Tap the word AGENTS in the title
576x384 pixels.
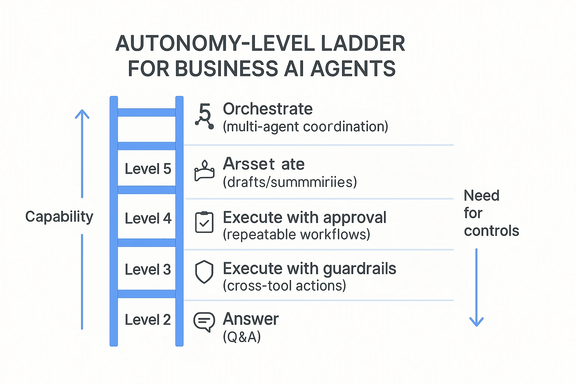click(353, 69)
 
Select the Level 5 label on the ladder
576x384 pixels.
click(148, 169)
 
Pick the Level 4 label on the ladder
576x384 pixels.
click(148, 219)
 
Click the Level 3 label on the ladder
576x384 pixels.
click(148, 270)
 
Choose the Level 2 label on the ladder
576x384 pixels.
click(148, 320)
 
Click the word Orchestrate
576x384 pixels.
click(268, 109)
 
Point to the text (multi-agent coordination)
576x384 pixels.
click(305, 127)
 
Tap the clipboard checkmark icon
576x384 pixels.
click(204, 222)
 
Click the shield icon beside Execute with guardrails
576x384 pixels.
click(204, 271)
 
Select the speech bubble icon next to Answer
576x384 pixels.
click(204, 322)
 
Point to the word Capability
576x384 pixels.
click(59, 217)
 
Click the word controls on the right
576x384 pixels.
click(491, 231)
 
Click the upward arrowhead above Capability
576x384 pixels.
click(82, 114)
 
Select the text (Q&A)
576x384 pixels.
click(242, 337)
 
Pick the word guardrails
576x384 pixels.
click(359, 268)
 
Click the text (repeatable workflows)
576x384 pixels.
click(296, 235)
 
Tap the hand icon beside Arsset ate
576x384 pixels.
click(204, 171)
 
